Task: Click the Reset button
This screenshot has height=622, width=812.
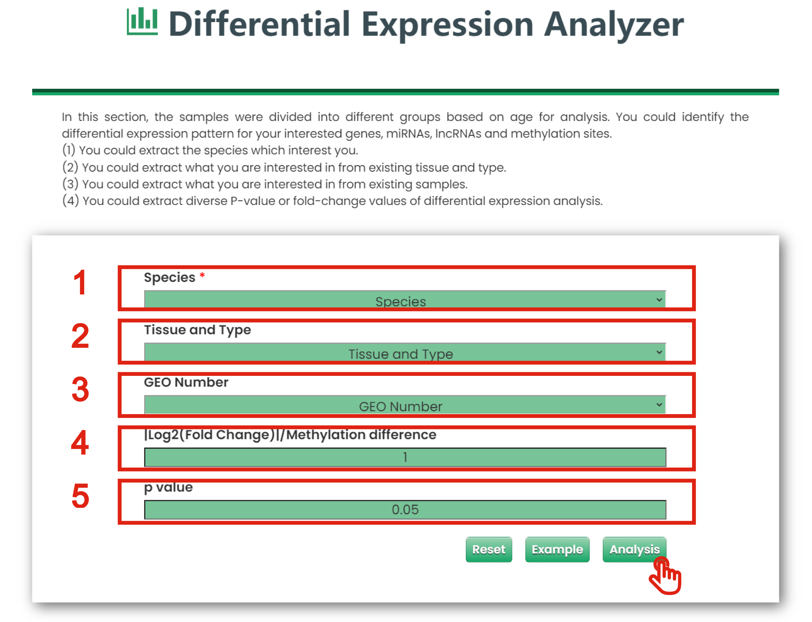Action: point(488,549)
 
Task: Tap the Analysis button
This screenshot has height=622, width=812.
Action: point(634,549)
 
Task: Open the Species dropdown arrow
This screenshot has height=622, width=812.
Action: point(659,300)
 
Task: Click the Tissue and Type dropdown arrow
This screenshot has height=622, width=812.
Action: point(659,352)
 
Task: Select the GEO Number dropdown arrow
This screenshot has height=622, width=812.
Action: point(659,405)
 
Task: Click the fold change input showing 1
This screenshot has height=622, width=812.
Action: point(405,457)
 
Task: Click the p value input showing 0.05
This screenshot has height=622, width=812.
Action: point(405,510)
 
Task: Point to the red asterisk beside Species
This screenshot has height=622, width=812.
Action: point(202,275)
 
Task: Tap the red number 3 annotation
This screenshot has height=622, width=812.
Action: point(80,389)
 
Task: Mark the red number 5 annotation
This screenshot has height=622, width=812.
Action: point(80,496)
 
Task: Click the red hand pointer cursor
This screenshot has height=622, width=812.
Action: point(665,576)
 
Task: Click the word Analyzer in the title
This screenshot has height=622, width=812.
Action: point(614,24)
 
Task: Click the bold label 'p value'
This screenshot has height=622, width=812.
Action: point(168,487)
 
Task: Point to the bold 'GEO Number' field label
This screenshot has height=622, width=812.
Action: point(186,382)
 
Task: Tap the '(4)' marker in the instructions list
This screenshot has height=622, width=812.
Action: point(70,201)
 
